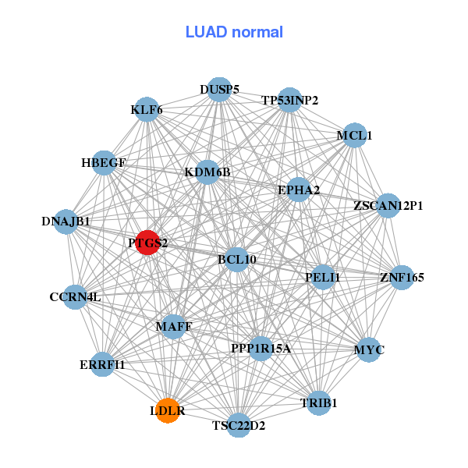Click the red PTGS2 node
coord(148,243)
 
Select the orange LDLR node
coord(168,409)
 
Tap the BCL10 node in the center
coord(236,259)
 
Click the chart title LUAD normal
coord(234,32)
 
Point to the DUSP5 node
coord(219,90)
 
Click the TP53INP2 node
coord(289,100)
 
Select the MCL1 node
coord(354,136)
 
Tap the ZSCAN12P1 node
coord(388,206)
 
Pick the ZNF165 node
coord(402,277)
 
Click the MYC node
coord(369,349)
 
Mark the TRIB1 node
coord(318,402)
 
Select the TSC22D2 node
coord(239,425)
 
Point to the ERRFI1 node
coord(102,364)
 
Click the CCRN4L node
coord(75,296)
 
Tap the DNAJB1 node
coord(66,222)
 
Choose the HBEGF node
coord(104,163)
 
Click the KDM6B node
coord(207,172)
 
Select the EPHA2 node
coord(299,190)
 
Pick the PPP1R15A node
coord(261,348)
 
